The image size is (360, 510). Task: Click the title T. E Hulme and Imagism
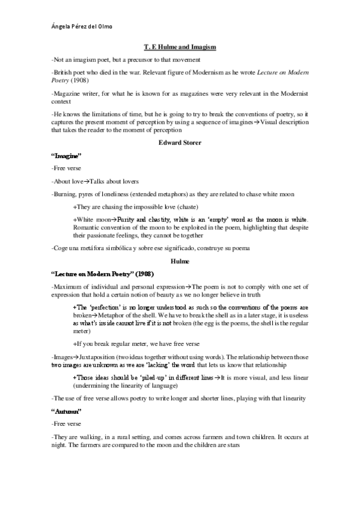[180, 46]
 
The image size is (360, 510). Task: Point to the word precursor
[141, 59]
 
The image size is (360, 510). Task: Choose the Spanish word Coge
[61, 249]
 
